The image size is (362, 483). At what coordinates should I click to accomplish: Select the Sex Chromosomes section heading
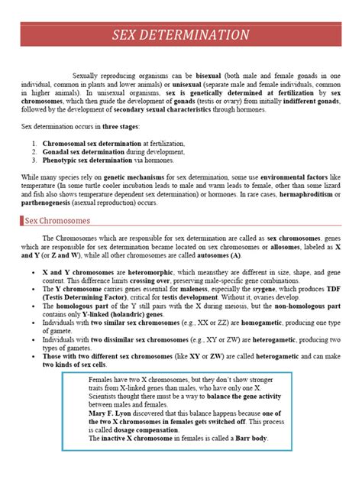tap(55, 221)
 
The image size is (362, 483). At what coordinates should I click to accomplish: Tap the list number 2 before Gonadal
tap(35, 151)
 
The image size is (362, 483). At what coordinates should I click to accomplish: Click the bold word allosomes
tap(283, 246)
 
